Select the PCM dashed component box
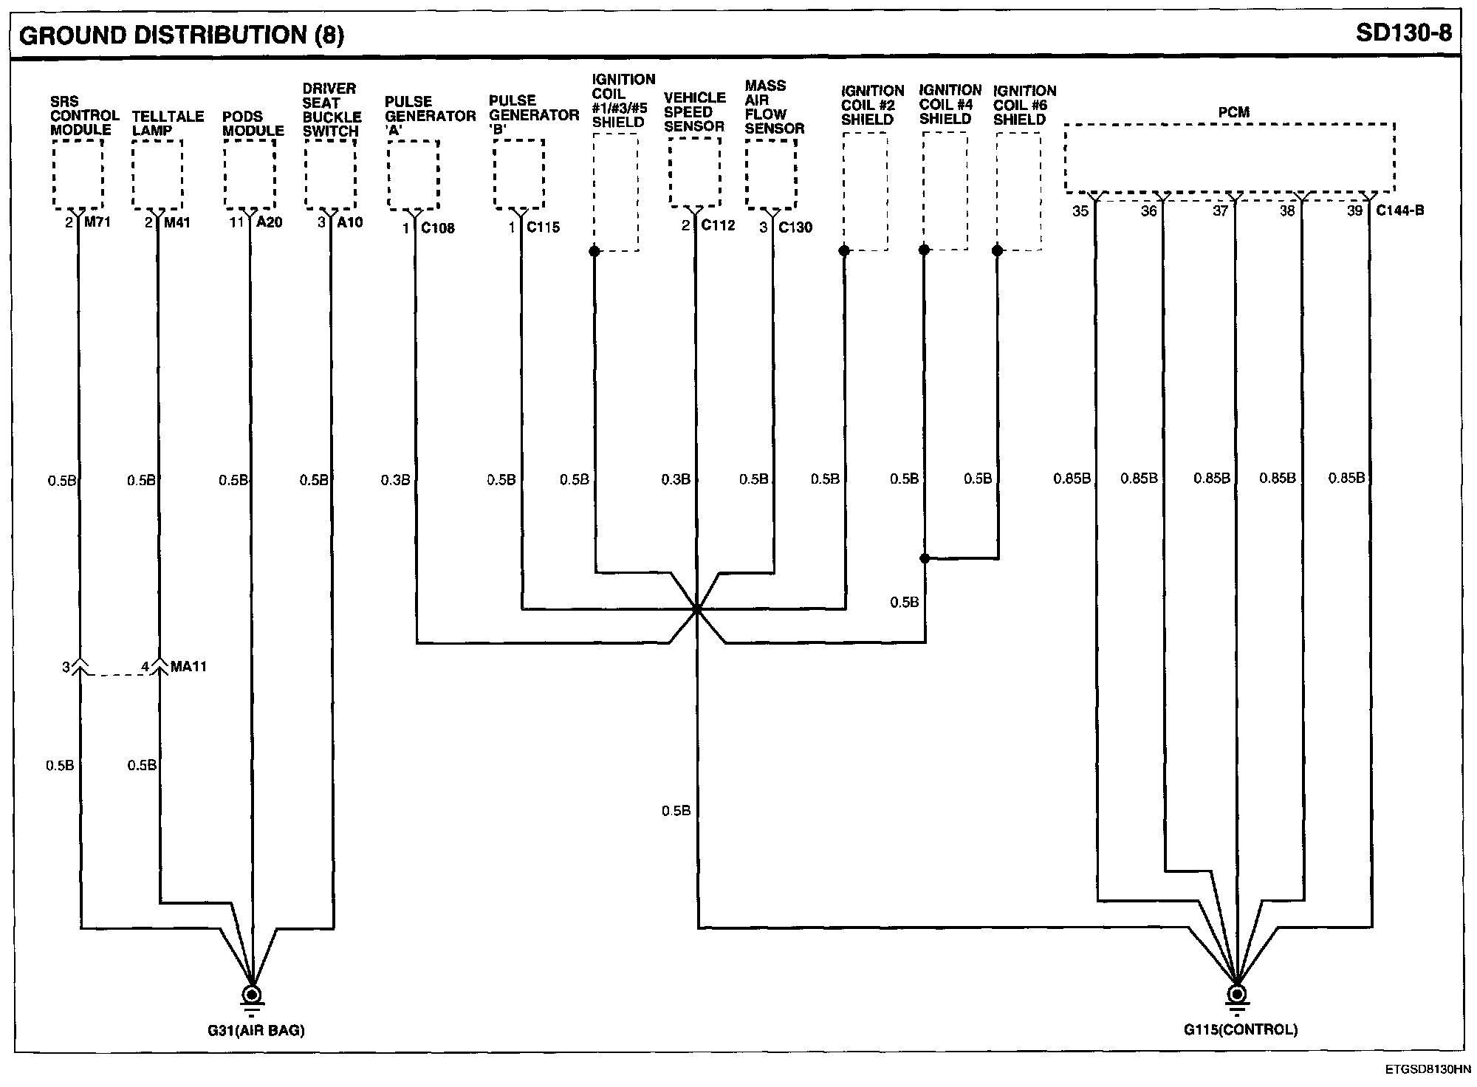coord(1230,157)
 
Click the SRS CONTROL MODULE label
coord(84,116)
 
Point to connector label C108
coord(438,228)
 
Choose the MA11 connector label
coord(189,667)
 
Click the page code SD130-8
coord(1403,33)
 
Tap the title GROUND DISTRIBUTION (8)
coord(182,35)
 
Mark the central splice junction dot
coord(696,609)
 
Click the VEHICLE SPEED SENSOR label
coord(694,112)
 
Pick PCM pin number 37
coord(1220,211)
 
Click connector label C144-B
coord(1400,210)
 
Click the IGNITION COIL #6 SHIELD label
coord(1024,105)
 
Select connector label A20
coord(269,222)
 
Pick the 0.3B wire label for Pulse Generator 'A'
coord(395,481)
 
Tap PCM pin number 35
coord(1080,211)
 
